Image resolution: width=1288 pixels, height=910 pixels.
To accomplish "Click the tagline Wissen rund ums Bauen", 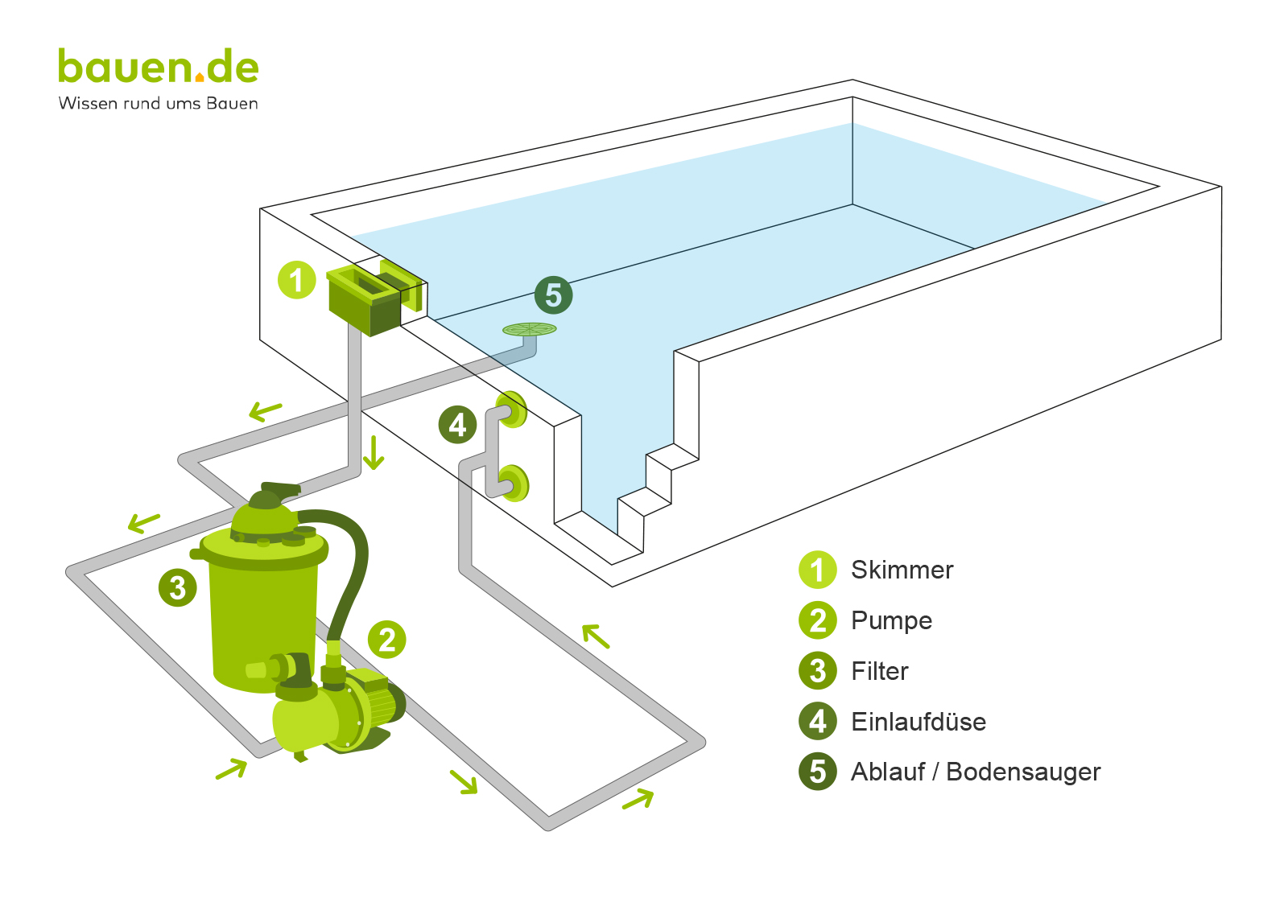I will pos(158,104).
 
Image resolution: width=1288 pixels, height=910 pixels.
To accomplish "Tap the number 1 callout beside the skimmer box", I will pos(296,280).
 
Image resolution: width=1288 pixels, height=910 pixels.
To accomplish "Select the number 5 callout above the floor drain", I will pos(553,295).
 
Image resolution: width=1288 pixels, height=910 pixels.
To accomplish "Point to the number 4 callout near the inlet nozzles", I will pos(457,425).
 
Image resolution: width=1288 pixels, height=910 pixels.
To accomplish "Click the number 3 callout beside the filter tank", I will pos(177,587).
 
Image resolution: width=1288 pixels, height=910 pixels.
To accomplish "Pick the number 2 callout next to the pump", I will pos(386,640).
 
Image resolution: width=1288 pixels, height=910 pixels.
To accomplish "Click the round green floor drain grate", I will pos(529,329).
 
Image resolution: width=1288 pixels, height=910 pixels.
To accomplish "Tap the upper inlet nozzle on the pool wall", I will pos(512,410).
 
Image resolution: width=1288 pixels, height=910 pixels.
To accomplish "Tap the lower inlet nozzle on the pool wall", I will pos(514,484).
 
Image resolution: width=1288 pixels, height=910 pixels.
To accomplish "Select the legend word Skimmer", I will pos(902,570).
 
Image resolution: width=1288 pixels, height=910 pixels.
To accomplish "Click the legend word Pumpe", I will pos(891,620).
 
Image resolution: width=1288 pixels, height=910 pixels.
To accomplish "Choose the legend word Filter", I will pos(879,671).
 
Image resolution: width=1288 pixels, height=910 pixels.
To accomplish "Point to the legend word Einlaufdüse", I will pos(918,722).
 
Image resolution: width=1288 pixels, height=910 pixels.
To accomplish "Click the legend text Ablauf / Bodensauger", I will pos(975,772).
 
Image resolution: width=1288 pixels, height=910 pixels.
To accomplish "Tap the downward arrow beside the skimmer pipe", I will pos(374,452).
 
